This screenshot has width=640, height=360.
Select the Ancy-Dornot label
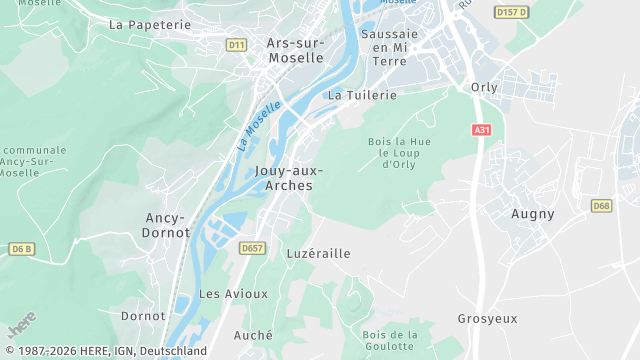(167, 224)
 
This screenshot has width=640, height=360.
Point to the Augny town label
(532, 214)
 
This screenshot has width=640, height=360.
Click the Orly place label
(485, 87)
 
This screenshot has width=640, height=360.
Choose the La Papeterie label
(149, 24)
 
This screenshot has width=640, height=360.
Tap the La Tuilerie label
(362, 95)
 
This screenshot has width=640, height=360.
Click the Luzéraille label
(318, 254)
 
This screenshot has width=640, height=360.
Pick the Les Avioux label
(234, 294)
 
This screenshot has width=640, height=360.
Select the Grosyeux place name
(487, 319)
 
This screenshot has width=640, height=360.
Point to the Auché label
(252, 336)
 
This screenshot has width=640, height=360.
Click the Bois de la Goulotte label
(390, 340)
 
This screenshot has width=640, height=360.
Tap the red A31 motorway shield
(482, 130)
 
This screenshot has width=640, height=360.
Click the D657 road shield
(252, 248)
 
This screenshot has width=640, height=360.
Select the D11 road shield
(236, 45)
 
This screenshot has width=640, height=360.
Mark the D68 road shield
(600, 206)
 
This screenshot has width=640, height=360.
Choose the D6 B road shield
(22, 248)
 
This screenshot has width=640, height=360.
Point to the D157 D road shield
(512, 12)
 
